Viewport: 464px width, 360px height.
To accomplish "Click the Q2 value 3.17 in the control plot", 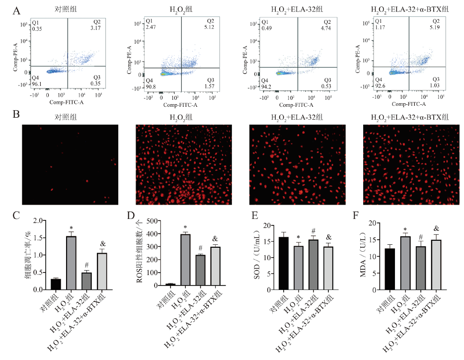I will (x=96, y=28).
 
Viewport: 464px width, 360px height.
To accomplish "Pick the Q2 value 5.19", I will (x=436, y=28).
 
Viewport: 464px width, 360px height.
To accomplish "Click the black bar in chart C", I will (x=56, y=284).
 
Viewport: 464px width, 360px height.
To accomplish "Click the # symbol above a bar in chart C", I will (x=86, y=265).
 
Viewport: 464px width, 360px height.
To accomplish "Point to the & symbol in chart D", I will (x=215, y=239).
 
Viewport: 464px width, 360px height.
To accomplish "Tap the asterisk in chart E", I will (x=299, y=237).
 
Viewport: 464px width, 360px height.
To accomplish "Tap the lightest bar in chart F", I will (x=436, y=264).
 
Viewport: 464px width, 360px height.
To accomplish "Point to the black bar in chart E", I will (x=284, y=263).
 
